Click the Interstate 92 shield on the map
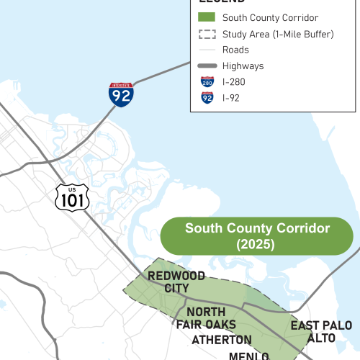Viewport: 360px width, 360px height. click(x=121, y=94)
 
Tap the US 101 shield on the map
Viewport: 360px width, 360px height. click(x=72, y=196)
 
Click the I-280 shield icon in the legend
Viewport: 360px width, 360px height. click(x=207, y=82)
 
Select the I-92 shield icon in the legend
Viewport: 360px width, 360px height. click(x=207, y=98)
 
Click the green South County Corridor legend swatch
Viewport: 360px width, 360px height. click(x=207, y=17)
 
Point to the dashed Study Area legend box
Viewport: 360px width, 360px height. click(x=207, y=34)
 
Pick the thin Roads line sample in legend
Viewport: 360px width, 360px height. click(x=207, y=50)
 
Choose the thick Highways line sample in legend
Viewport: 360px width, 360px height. click(x=207, y=66)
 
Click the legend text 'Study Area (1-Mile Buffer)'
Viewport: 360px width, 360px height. click(x=278, y=34)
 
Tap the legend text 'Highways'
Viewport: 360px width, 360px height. click(x=243, y=66)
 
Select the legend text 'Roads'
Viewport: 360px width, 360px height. click(x=236, y=50)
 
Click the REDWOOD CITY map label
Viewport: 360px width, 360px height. click(x=176, y=282)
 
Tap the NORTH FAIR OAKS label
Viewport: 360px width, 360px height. click(x=206, y=318)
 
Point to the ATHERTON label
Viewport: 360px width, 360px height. click(x=222, y=340)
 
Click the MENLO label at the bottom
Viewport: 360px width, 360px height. click(x=248, y=356)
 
